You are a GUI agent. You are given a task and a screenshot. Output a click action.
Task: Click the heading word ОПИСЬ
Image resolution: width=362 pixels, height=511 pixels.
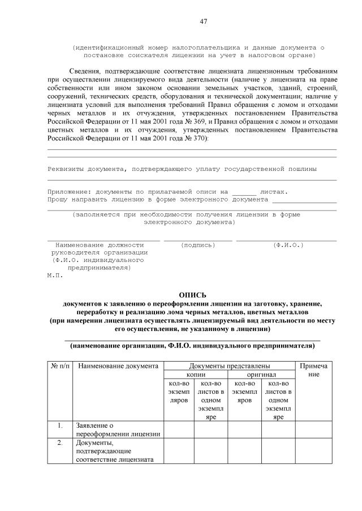[193, 295]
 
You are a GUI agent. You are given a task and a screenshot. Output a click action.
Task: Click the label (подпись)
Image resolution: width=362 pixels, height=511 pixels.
[198, 245]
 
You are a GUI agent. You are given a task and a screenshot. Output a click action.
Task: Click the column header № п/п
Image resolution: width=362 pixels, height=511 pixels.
[61, 366]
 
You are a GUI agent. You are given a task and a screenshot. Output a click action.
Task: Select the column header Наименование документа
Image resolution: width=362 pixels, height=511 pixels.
[118, 366]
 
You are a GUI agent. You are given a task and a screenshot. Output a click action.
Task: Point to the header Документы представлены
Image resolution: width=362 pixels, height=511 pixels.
[230, 366]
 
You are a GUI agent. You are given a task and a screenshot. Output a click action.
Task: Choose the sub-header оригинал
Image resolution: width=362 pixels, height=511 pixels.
[261, 375]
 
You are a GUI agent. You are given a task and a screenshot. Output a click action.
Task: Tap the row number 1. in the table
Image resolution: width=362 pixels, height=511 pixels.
[61, 425]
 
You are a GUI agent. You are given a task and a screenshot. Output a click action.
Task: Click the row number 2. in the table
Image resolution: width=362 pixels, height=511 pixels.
[61, 443]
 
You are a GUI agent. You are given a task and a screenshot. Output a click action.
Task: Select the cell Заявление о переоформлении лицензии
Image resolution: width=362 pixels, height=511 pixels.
[118, 430]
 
